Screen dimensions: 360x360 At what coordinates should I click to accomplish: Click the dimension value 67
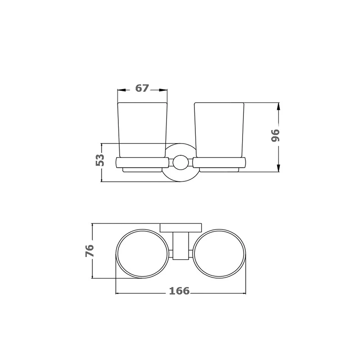[x=142, y=88]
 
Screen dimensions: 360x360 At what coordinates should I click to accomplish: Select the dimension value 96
[x=276, y=135]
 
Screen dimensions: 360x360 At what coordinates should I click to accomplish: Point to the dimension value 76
[x=90, y=251]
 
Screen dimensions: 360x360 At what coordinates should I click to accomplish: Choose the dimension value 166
[x=180, y=291]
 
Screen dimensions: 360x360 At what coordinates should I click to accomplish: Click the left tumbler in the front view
[x=142, y=130]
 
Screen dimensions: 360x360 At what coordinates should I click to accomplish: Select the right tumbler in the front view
[x=219, y=130]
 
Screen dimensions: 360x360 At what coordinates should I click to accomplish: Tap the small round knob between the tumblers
[x=180, y=163]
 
